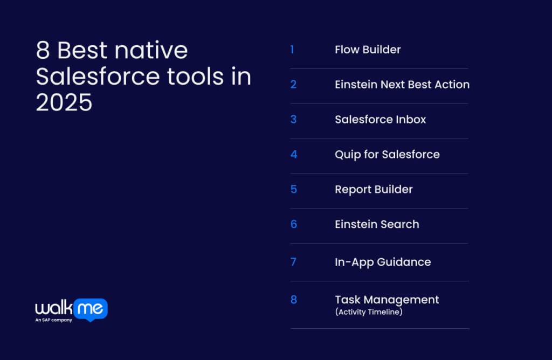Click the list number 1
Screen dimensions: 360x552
(292, 50)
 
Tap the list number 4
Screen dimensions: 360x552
(294, 155)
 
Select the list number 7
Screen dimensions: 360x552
(293, 262)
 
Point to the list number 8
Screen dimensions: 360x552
(294, 300)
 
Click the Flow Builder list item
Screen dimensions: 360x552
(368, 50)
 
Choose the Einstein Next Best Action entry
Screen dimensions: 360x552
(402, 85)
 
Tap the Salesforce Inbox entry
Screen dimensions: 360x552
(380, 120)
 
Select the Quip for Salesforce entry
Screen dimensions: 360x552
(387, 155)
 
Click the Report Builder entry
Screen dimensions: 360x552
(374, 190)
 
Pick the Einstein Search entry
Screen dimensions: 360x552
(377, 224)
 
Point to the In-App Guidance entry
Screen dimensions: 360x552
(383, 262)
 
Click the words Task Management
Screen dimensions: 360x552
(387, 300)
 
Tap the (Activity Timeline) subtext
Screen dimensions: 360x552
(368, 312)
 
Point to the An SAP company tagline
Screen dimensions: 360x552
(54, 320)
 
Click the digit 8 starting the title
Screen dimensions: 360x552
(43, 51)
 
